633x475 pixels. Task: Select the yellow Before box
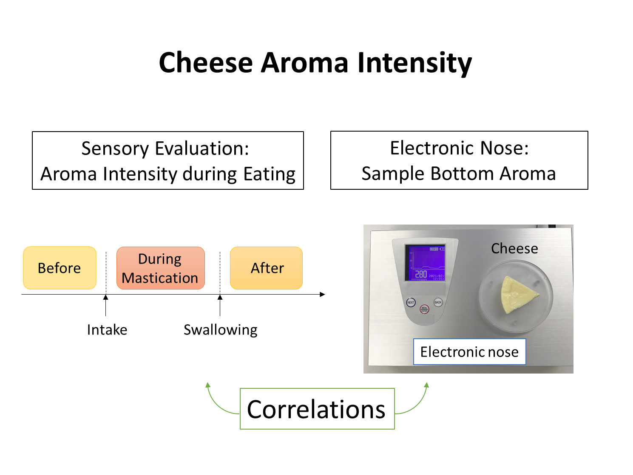[x=60, y=268]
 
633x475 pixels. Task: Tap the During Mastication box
[x=160, y=268]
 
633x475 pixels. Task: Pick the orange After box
[x=267, y=268]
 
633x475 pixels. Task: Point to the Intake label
[x=107, y=330]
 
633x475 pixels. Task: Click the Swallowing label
[x=220, y=330]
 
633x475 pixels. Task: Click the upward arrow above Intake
[x=106, y=305]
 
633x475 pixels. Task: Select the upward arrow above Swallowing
[x=220, y=305]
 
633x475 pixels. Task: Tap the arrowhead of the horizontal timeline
[x=322, y=294]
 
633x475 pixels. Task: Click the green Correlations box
[x=317, y=409]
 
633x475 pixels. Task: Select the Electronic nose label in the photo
[x=469, y=351]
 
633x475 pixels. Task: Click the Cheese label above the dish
[x=514, y=248]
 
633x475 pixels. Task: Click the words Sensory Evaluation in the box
[x=165, y=149]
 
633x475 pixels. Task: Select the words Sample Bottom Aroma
[x=459, y=174]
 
